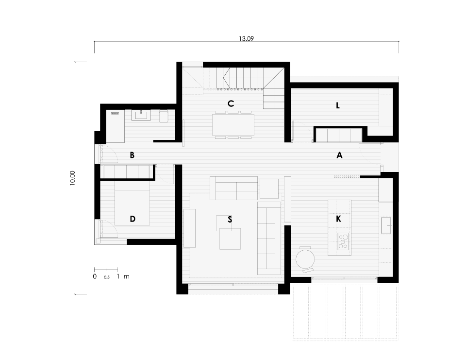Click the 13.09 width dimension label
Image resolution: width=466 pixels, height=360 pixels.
point(247,39)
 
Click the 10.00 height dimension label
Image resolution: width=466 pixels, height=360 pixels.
point(72,178)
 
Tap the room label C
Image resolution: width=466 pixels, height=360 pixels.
point(231,103)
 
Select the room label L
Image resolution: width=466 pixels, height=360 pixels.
point(338,105)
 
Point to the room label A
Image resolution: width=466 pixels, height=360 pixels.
point(339,155)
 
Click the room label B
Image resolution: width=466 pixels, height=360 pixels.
point(132,155)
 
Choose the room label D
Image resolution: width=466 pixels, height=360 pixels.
point(133,219)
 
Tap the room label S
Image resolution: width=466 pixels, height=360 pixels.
point(230,220)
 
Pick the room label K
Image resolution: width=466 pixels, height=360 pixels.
point(338,219)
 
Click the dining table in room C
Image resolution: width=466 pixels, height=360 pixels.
point(233,125)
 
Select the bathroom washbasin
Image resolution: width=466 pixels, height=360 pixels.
point(141,115)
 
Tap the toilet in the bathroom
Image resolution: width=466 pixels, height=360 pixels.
point(164,116)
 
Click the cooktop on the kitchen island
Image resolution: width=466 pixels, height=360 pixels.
point(343,242)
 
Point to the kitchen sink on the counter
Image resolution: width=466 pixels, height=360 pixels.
point(386,225)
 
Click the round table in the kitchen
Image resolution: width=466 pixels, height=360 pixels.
point(305,259)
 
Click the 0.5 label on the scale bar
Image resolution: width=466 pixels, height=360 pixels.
point(107,277)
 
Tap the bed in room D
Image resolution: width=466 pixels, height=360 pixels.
point(132,204)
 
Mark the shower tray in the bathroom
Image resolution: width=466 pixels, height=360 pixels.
point(116,126)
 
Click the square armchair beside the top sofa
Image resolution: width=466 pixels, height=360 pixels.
point(269,189)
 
